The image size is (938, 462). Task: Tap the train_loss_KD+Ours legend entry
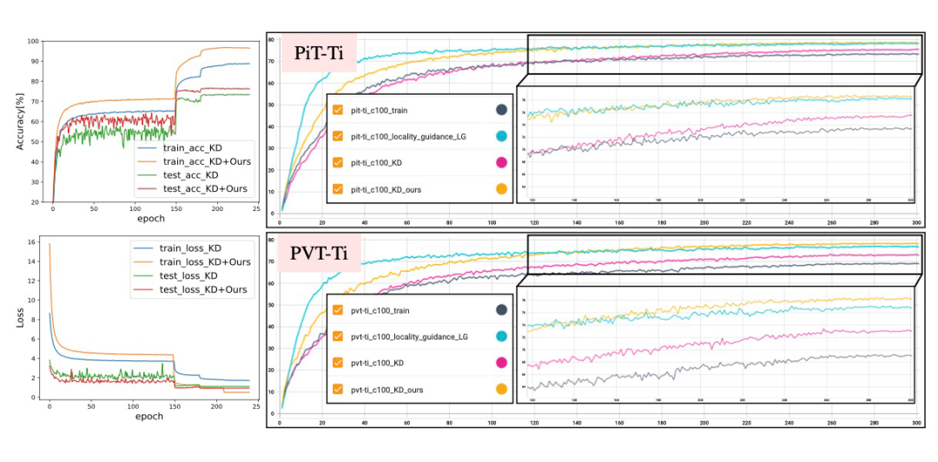(205, 261)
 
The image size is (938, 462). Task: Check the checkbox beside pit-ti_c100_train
(339, 109)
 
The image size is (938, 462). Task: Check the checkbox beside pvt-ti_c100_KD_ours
(339, 390)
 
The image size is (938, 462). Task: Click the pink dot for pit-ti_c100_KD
(501, 162)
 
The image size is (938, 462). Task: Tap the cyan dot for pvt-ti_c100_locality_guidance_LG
(501, 336)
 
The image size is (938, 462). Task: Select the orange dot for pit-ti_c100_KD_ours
(501, 189)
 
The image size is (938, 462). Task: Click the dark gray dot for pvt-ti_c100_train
(501, 309)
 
